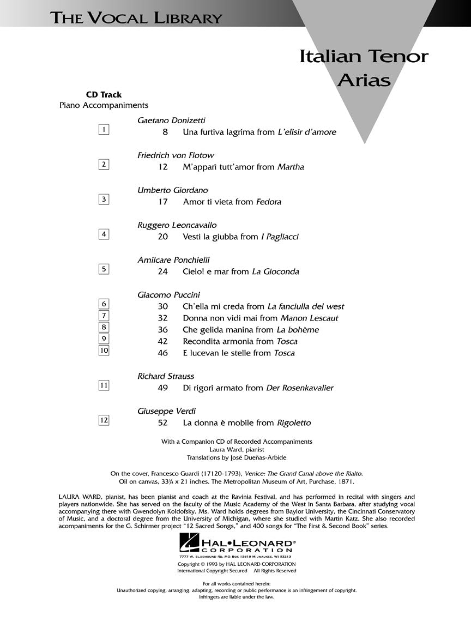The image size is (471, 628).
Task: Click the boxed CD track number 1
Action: click(104, 129)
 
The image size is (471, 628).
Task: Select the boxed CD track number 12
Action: click(104, 420)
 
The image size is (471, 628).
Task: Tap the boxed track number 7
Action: click(104, 316)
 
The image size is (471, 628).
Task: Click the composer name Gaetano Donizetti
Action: click(172, 120)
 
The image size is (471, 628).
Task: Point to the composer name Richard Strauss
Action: click(166, 376)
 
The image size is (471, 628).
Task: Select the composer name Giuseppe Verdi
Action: click(166, 411)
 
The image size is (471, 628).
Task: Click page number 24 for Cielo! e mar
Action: click(163, 271)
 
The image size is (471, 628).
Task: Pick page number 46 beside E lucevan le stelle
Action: click(163, 353)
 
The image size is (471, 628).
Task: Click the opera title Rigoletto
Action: click(294, 422)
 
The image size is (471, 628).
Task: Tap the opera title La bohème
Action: click(298, 330)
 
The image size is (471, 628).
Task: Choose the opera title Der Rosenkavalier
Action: click(299, 388)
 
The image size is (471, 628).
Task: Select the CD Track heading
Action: click(104, 95)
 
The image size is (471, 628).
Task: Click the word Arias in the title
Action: click(364, 80)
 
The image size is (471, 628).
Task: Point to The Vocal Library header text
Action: click(136, 18)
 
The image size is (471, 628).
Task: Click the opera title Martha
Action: click(291, 167)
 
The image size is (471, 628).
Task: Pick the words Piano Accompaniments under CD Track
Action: click(104, 105)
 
